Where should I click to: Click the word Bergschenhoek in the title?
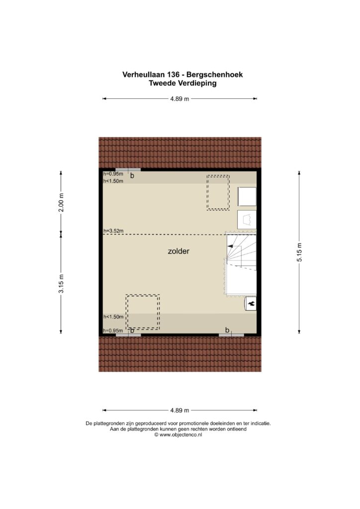point(215,75)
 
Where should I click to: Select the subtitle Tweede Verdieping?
point(183,83)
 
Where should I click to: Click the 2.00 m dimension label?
point(61,203)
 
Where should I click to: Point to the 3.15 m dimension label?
point(61,283)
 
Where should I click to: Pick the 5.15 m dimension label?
point(299,252)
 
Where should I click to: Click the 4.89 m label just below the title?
point(180,99)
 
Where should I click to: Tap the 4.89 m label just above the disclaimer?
point(180,410)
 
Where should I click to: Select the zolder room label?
point(179,251)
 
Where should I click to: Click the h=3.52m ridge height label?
point(113,231)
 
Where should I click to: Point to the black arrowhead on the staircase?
point(230,247)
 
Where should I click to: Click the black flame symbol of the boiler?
point(252,304)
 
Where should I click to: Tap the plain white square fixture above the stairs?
point(247,196)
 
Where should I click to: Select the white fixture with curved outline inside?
point(247,220)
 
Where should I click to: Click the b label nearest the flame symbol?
point(227,331)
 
